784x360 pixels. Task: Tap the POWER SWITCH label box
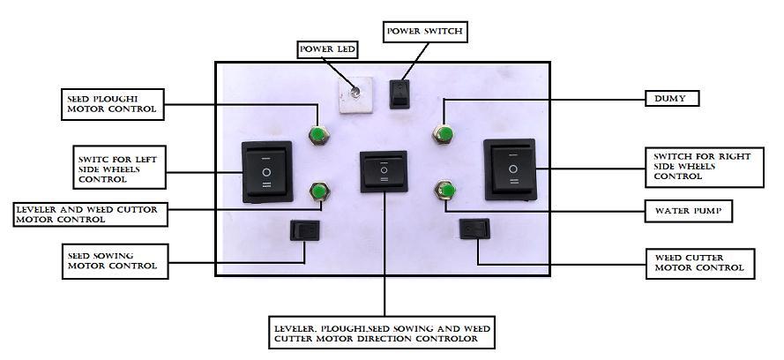pos(423,33)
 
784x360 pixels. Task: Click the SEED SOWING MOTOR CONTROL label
pos(113,260)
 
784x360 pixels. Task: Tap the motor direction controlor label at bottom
pos(382,334)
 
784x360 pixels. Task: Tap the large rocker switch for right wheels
pos(509,167)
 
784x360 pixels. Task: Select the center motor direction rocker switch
pos(384,170)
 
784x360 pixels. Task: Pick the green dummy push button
pos(444,135)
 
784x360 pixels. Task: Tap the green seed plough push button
pos(317,135)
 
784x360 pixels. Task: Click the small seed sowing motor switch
pos(305,232)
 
